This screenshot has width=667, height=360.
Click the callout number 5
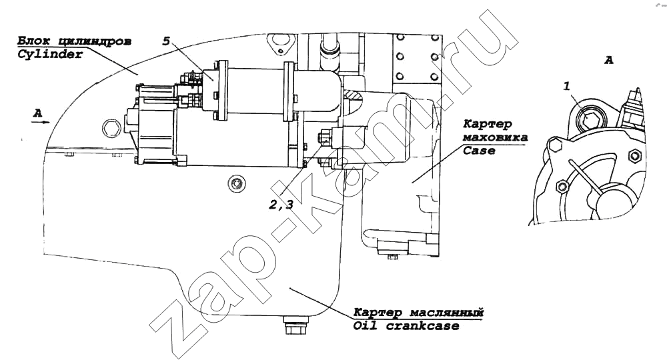(166, 41)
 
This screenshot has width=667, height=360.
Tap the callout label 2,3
(281, 205)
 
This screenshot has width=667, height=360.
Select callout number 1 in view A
(566, 86)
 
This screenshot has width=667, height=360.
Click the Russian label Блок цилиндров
(74, 41)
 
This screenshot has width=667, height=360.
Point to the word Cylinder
(50, 55)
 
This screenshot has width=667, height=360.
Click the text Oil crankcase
(406, 326)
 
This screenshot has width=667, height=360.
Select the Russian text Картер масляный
(419, 313)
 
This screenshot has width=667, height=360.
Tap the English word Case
(479, 151)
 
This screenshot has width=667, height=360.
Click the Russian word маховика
(495, 137)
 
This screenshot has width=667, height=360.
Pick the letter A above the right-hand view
(609, 61)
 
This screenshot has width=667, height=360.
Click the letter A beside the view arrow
(38, 113)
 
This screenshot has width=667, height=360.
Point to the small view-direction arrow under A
(41, 122)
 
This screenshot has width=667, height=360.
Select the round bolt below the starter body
(235, 183)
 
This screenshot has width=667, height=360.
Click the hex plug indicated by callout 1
(590, 119)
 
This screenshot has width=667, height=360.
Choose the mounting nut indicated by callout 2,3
(323, 138)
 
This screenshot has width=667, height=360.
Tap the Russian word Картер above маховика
(488, 124)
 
